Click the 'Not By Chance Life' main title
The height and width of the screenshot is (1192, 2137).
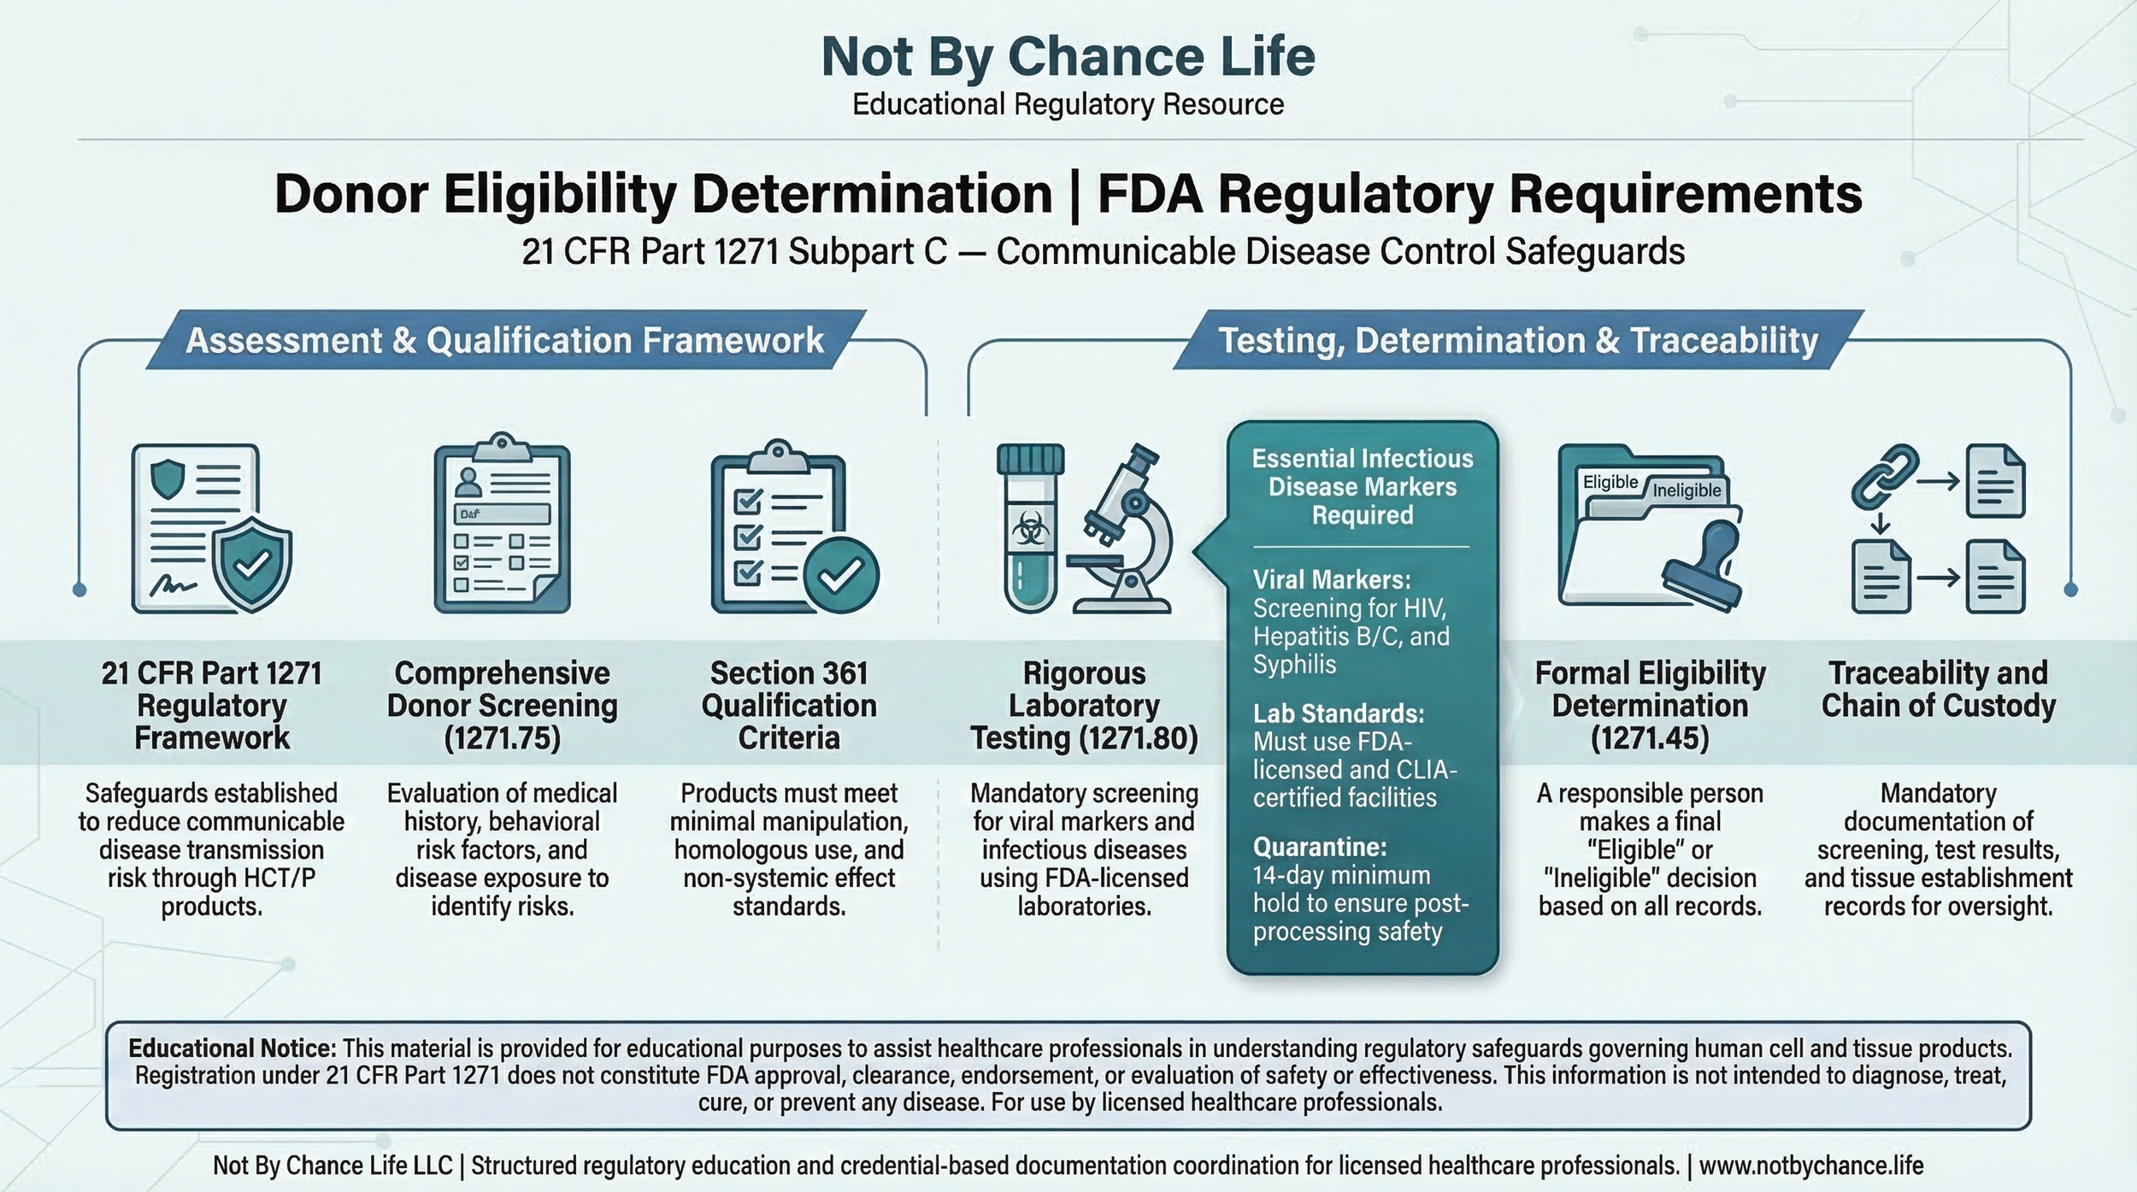point(1068,57)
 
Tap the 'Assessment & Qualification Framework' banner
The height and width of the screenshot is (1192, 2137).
point(505,340)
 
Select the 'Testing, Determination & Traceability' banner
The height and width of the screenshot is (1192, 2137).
point(1517,340)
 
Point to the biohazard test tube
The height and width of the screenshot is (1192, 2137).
point(1030,530)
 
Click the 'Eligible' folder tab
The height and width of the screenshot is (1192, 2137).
point(1610,482)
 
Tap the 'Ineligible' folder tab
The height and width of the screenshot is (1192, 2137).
point(1686,490)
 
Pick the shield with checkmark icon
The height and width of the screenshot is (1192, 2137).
point(252,562)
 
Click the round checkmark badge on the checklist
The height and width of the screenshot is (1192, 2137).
point(840,575)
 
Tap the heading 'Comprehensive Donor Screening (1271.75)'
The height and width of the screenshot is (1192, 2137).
point(502,706)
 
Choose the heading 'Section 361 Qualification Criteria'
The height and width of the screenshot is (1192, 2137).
point(789,706)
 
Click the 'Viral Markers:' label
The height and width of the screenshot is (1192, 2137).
point(1332,580)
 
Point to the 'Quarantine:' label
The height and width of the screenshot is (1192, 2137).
point(1319,848)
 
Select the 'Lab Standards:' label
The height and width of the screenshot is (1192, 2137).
point(1339,713)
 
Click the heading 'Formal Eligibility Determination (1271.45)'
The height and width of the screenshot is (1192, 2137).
point(1650,706)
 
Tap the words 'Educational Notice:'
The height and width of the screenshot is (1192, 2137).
point(232,1048)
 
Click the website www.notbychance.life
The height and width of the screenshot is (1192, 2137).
point(1810,1166)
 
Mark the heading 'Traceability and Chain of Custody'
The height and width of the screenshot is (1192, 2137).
point(1938,690)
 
